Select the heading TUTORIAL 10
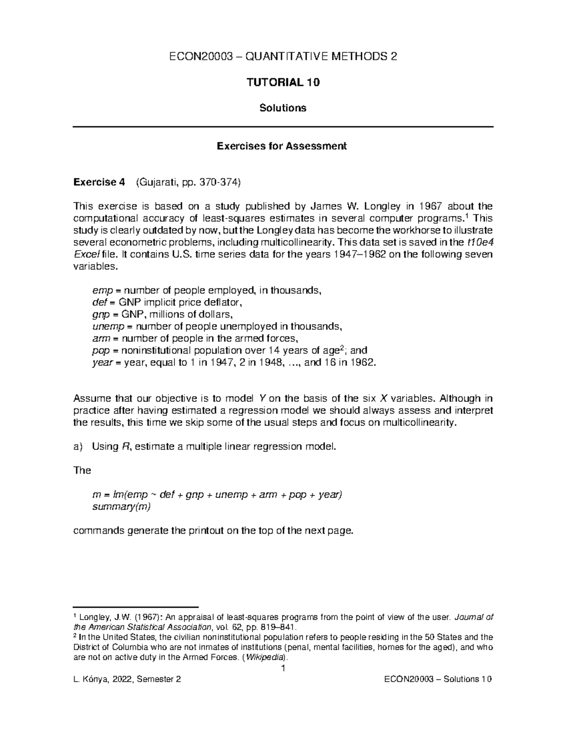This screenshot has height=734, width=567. click(283, 82)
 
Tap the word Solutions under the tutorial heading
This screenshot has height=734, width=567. click(283, 108)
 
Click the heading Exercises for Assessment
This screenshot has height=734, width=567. click(282, 146)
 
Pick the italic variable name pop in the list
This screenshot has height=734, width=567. click(99, 351)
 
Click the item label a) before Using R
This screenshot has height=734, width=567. click(78, 447)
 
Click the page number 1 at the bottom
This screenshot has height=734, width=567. click(283, 668)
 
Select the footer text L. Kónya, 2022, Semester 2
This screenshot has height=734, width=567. click(127, 680)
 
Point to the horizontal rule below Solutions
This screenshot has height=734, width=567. click(283, 127)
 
